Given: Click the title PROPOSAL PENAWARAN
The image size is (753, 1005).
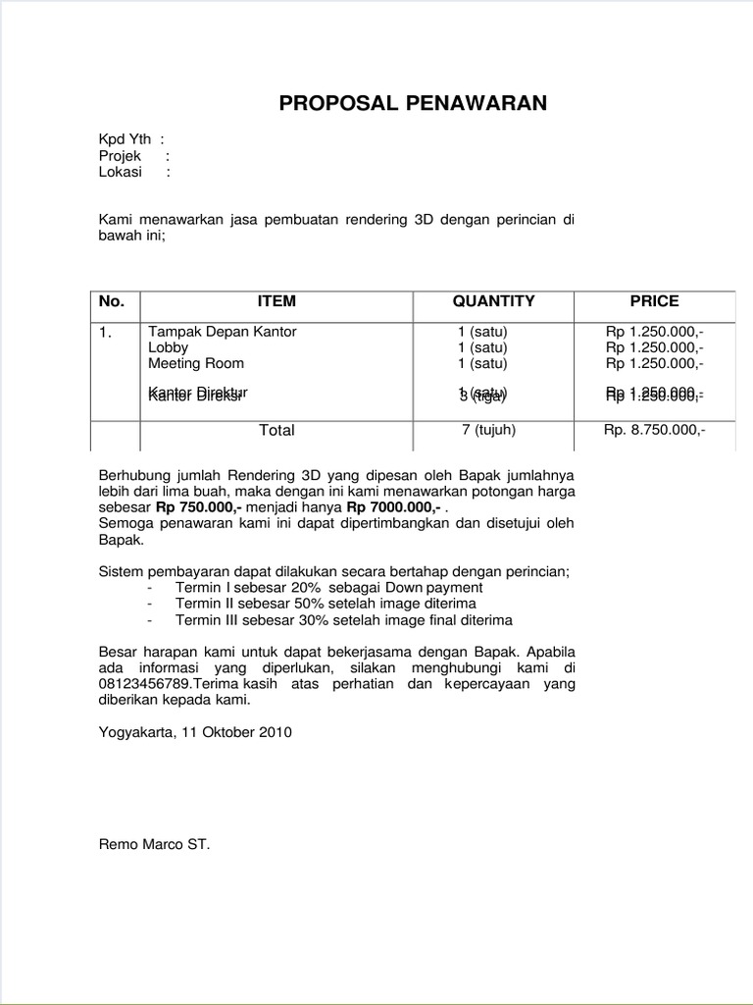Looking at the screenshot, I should (x=413, y=104).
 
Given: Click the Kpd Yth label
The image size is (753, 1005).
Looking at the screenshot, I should (x=125, y=140).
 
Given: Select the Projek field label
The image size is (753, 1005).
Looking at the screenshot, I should (x=121, y=156).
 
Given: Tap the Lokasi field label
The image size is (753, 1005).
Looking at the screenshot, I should (x=121, y=172).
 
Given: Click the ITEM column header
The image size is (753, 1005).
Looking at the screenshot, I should (x=276, y=301).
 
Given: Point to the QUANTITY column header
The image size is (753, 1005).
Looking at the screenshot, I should (x=493, y=301).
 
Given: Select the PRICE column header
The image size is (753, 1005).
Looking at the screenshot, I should (x=654, y=301).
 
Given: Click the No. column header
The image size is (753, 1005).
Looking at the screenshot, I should (x=113, y=301).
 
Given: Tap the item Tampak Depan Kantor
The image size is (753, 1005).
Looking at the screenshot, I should (x=223, y=332).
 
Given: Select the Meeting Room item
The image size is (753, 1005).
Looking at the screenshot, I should (x=196, y=363).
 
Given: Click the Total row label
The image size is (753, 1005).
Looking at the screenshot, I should (x=276, y=430).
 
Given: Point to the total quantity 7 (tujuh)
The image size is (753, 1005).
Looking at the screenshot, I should (x=488, y=429).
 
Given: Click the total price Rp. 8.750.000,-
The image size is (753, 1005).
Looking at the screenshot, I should (x=654, y=429).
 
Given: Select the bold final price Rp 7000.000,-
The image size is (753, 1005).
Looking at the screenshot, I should (x=391, y=507).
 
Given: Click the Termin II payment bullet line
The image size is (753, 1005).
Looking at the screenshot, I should (x=326, y=604).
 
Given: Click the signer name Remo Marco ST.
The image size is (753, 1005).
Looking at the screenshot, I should (x=154, y=843).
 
